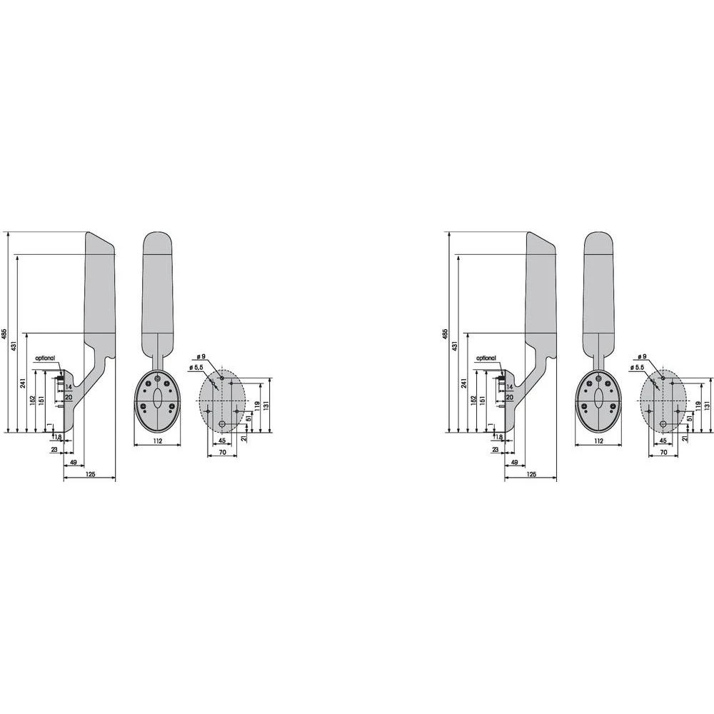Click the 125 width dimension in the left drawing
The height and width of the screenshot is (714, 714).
pos(90,474)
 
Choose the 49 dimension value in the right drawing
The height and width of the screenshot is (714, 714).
pos(515,463)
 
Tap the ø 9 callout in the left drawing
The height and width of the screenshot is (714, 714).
pos(201,356)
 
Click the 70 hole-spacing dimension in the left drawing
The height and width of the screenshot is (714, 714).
pos(222,453)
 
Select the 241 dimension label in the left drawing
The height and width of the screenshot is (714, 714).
pos(24,383)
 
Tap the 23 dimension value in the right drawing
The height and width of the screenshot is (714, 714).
pos(496,450)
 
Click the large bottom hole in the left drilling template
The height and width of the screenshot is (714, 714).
pos(222,424)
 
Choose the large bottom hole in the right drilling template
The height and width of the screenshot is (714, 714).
pos(663,424)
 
